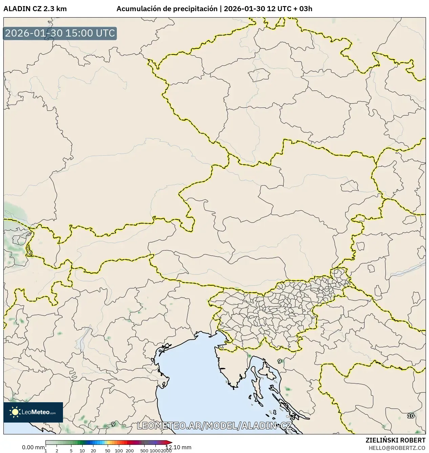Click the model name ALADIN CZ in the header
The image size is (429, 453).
[22, 9]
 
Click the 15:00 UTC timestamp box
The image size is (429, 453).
[60, 33]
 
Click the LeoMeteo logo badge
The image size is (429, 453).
[33, 412]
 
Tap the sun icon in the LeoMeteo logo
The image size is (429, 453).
[15, 412]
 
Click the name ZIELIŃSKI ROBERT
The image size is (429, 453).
[395, 440]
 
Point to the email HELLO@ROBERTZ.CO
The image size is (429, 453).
[397, 448]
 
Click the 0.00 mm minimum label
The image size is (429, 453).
[33, 447]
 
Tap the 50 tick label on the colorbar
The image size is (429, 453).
[107, 450]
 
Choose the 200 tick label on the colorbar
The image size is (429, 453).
[130, 450]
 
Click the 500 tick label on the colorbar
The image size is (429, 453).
[144, 450]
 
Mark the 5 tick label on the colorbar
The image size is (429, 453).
[71, 450]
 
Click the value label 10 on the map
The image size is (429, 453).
[411, 416]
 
